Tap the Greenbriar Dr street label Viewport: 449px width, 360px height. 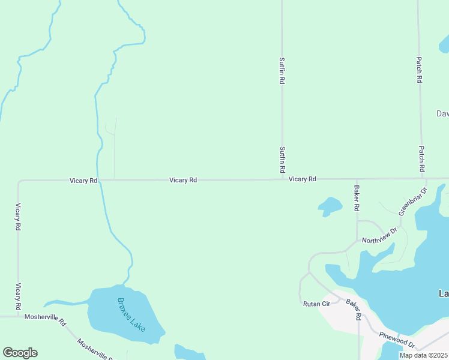point(412,201)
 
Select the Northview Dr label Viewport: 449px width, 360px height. point(379,235)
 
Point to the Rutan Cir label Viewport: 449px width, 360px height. point(317,304)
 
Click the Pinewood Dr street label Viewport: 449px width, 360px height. point(397,340)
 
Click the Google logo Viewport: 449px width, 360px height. point(20,353)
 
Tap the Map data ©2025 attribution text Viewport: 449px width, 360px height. point(423,355)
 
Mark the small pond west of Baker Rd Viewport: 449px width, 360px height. point(330,206)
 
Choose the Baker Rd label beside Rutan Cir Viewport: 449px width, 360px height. point(354,308)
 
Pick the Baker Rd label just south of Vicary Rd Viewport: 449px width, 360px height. point(357,197)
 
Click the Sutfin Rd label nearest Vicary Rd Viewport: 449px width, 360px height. point(282,160)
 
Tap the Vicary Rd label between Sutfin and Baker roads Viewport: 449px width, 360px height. point(302,179)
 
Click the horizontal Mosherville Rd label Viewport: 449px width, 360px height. point(44,316)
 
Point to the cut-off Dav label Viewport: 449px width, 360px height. point(442,113)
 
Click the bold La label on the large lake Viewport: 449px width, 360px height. point(444,293)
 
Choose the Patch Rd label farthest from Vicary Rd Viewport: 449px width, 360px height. point(419,70)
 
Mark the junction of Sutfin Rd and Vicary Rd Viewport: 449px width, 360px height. point(282,179)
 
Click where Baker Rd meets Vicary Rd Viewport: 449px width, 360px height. point(357,179)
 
